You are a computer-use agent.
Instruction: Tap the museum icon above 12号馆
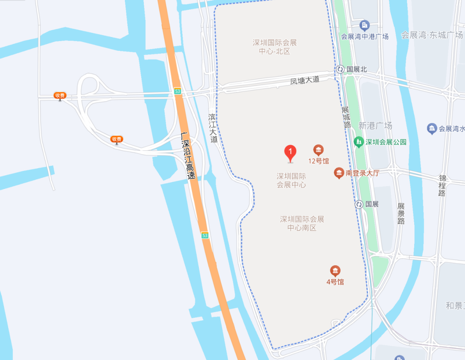pos(318,150)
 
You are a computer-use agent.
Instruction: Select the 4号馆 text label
pos(335,282)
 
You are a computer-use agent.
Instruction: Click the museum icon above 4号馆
pos(335,270)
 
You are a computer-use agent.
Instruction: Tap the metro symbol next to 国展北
pos(340,69)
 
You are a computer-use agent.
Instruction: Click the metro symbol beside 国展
pos(359,204)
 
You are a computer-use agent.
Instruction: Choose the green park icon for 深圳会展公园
pos(358,142)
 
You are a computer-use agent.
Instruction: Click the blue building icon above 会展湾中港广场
pos(364,25)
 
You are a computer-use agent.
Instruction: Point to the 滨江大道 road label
pos(213,128)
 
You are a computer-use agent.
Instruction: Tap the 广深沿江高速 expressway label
pos(188,156)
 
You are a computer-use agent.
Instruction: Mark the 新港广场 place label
pos(375,126)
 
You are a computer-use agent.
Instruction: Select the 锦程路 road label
pos(442,186)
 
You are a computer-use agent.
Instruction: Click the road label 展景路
pos(401,214)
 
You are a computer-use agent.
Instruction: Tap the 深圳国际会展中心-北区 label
pos(275,47)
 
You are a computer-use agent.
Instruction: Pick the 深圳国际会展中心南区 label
pos(302,223)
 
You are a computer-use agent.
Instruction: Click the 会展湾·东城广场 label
pos(431,35)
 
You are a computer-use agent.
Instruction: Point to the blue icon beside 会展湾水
pos(432,128)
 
